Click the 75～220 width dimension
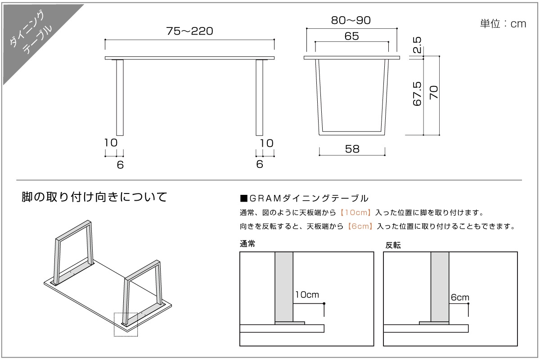(189, 31)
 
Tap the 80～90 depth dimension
(351, 20)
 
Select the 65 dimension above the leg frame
(351, 36)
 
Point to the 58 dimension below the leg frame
(352, 149)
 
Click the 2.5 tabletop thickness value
(417, 45)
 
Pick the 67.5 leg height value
(417, 94)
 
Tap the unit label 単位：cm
(503, 24)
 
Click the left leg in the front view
(120, 97)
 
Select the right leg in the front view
(259, 97)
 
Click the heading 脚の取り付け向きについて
(94, 197)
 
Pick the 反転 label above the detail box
(393, 245)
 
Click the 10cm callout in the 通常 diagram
(307, 295)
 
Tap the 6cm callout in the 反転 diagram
(459, 297)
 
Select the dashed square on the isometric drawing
(126, 324)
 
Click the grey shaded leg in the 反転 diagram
(440, 286)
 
